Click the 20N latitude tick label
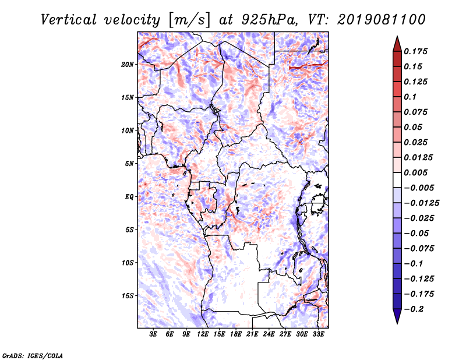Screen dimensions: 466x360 [127, 65]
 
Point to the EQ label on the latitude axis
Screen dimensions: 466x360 [129, 197]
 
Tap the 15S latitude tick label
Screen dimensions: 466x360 [127, 296]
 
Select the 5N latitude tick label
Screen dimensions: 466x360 [129, 164]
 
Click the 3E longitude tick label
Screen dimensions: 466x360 [153, 334]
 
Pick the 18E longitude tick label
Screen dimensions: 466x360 [236, 334]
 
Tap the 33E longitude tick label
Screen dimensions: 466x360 [318, 334]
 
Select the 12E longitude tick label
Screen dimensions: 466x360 [203, 334]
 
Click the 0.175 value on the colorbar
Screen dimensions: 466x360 [415, 51]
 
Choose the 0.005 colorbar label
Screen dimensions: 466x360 [415, 172]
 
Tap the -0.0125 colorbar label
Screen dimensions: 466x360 [421, 203]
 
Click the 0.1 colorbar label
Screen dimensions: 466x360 [410, 97]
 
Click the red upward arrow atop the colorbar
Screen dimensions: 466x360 [397, 44]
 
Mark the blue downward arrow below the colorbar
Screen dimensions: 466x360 [397, 316]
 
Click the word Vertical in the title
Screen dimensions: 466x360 [69, 20]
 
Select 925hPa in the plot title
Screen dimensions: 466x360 [269, 20]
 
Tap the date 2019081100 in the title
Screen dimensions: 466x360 [382, 20]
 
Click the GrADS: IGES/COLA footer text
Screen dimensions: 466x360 [33, 355]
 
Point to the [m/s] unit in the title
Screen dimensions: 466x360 [189, 20]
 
